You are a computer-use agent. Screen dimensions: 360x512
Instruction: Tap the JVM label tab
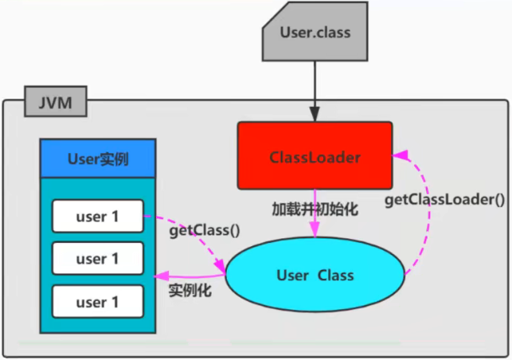[x=54, y=102]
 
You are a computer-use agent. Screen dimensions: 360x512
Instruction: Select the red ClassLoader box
[x=315, y=155]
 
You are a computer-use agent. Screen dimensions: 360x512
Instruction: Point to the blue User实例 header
[x=97, y=158]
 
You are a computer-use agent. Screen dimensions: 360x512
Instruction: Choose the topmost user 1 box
[x=97, y=215]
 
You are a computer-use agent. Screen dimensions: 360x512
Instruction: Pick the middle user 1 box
[x=97, y=258]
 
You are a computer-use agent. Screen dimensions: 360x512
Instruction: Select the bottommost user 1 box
[x=97, y=301]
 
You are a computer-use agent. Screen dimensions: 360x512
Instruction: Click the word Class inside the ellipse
[x=334, y=276]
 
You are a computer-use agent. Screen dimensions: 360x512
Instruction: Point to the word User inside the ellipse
[x=291, y=276]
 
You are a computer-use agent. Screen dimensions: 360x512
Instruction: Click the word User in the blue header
[x=82, y=158]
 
